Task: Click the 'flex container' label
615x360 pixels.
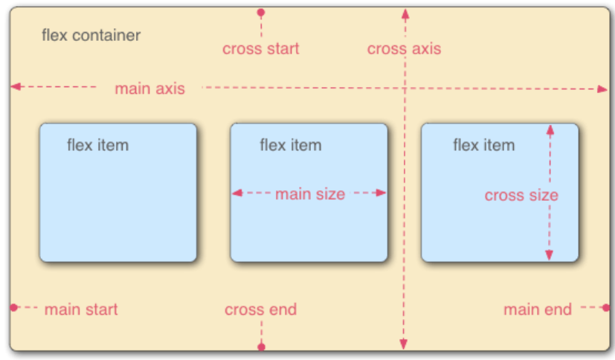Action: coord(91,35)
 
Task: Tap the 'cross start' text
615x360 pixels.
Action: coord(261,48)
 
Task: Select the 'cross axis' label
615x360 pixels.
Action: coord(404,48)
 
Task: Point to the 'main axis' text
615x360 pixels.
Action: coord(149,89)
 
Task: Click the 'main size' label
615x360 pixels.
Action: coord(310,194)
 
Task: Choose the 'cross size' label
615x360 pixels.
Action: coord(521,196)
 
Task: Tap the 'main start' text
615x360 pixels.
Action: coord(81,309)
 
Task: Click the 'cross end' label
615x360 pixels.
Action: coord(261,309)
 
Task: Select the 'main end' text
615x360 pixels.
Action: coord(538,309)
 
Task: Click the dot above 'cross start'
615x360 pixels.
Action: coord(261,13)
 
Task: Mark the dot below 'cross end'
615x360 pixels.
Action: coord(261,347)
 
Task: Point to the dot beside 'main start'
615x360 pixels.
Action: coord(14,307)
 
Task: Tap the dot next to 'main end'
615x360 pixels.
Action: coord(606,307)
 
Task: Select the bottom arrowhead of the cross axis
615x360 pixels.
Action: coord(403,344)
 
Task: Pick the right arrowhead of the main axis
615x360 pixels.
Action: coord(602,89)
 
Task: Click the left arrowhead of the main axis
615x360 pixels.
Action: coord(16,86)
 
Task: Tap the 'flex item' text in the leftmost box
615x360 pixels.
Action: coord(97,145)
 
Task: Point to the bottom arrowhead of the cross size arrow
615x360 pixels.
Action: coord(549,255)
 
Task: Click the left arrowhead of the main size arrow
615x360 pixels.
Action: coord(237,193)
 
